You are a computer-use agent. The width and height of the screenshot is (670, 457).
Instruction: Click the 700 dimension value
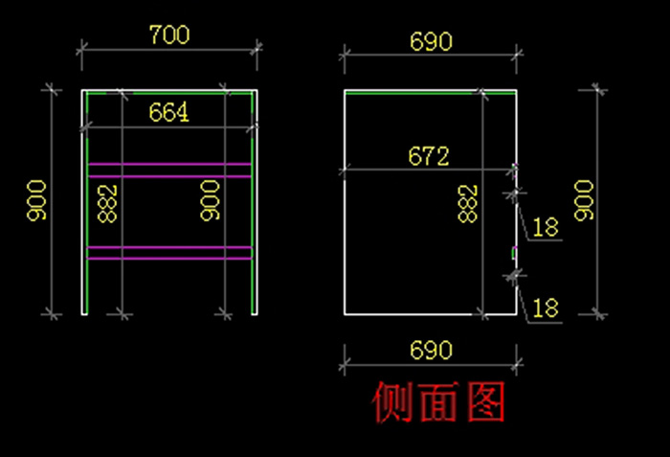pos(169,35)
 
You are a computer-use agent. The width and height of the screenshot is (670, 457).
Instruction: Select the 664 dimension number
pos(169,113)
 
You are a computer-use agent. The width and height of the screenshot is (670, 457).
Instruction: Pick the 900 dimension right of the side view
pos(584,200)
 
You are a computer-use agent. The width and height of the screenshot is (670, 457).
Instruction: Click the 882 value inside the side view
pos(467,203)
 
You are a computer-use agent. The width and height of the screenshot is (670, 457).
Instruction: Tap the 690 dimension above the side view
pos(431,42)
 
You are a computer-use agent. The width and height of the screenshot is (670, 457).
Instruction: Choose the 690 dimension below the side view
pos(431,350)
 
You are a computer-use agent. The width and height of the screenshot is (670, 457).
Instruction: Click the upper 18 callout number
pos(546,228)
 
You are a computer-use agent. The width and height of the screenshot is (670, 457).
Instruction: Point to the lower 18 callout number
pos(546,308)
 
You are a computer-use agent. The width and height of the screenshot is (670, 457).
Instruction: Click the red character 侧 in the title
pos(391,403)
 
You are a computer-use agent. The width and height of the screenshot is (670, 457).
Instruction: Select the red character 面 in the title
pos(439,403)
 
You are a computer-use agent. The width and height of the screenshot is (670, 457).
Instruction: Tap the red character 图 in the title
pos(486,403)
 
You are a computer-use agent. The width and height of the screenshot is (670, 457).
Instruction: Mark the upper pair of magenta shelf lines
pos(169,170)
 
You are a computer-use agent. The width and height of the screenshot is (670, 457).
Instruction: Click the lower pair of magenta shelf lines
pos(169,253)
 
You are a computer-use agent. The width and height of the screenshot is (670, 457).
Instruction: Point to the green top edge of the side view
pos(412,92)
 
